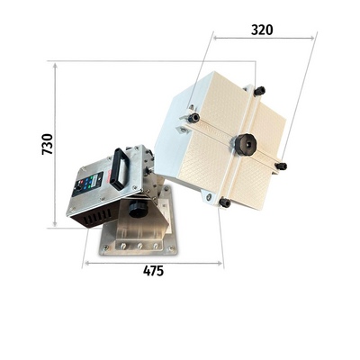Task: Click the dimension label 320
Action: pos(262,30)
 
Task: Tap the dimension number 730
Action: pos(48,144)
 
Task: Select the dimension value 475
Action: pos(154,271)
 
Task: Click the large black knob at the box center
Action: pos(246,144)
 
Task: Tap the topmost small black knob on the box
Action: pos(259,91)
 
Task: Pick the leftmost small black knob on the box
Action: pos(193,118)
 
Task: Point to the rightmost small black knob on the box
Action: pos(281,166)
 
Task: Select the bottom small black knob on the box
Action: pos(225,202)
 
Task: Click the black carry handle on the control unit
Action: pos(121,169)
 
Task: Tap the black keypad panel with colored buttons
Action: pos(88,184)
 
